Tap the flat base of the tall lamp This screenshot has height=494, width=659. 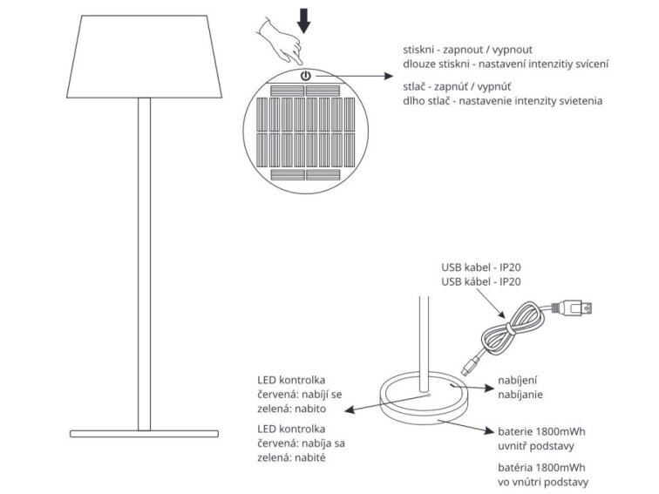coord(144,433)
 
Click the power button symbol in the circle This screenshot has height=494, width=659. coord(305,78)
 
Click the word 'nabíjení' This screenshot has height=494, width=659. coord(518,380)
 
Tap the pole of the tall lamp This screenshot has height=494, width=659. coord(145,261)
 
